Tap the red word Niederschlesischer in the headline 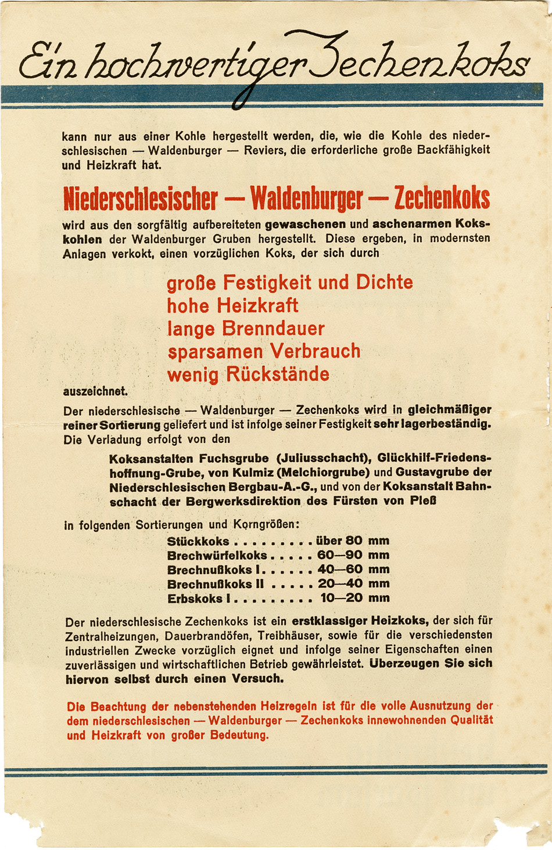(x=140, y=199)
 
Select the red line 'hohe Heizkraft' (x=232, y=305)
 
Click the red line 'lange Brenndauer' (x=246, y=329)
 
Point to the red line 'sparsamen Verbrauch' (x=264, y=351)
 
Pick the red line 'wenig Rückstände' (x=248, y=374)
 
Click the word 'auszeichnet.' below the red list (x=95, y=391)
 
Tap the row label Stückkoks (x=198, y=541)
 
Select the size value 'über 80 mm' (x=353, y=541)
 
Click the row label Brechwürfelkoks (x=217, y=555)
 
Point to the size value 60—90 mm (x=353, y=555)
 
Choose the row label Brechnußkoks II (x=215, y=584)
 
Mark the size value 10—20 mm (x=354, y=598)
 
